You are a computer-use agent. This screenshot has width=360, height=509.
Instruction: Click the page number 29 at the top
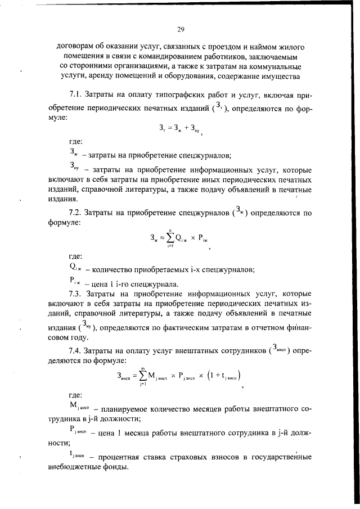(x=180, y=30)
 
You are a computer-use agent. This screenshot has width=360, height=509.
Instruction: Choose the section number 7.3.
(x=75, y=294)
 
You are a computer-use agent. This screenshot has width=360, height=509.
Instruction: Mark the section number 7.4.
(x=75, y=352)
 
